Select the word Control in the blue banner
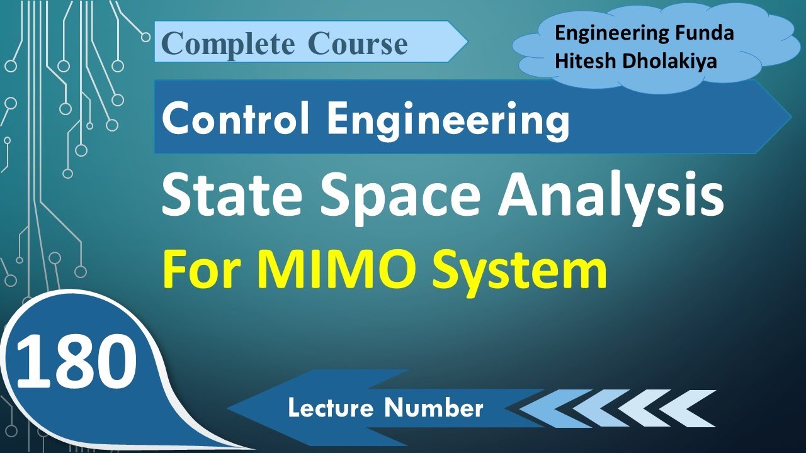point(236,120)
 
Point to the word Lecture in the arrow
point(332,408)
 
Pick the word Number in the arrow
point(434,408)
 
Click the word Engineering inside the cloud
point(609,34)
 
